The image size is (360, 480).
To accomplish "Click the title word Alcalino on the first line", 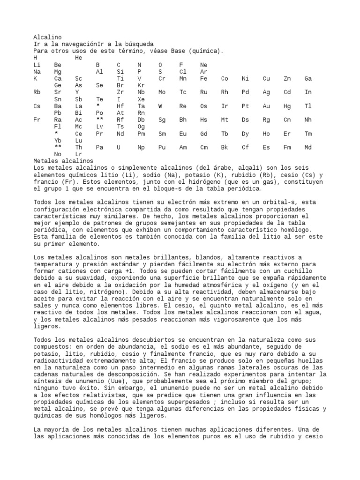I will pyautogui.click(x=47, y=37).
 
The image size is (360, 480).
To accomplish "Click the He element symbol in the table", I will pyautogui.click(x=78, y=58).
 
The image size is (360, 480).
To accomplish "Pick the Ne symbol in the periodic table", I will pyautogui.click(x=203, y=65).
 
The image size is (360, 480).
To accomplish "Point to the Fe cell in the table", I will pyautogui.click(x=203, y=78).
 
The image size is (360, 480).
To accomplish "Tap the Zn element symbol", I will pyautogui.click(x=287, y=78).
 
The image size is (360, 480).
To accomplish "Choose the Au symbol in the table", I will pyautogui.click(x=266, y=106).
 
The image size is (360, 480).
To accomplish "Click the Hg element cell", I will pyautogui.click(x=287, y=106).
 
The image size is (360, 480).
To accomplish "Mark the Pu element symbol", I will pyautogui.click(x=162, y=147).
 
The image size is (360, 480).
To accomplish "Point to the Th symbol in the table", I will pyautogui.click(x=78, y=147).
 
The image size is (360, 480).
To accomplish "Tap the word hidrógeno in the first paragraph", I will pyautogui.click(x=248, y=182).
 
